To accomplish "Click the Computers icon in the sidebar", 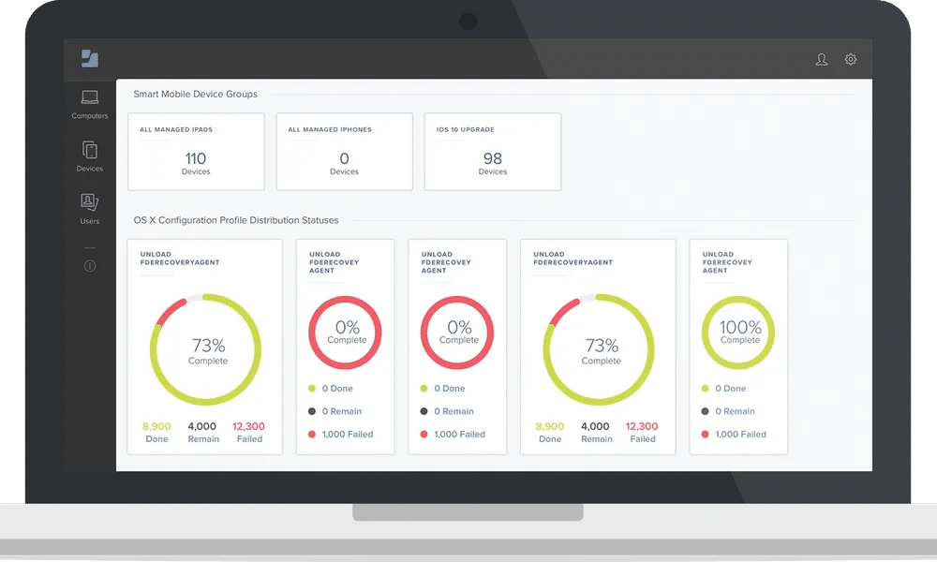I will click(x=90, y=97).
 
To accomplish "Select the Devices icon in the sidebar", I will click(x=90, y=150).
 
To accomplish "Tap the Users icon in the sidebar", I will click(x=90, y=202).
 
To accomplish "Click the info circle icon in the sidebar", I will click(x=90, y=266).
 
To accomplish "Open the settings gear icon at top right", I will click(x=851, y=59).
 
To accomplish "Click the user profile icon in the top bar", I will click(x=822, y=59).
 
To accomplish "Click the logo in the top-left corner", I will click(x=90, y=58).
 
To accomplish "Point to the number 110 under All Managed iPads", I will click(x=196, y=158).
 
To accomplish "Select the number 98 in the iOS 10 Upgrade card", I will click(x=493, y=158).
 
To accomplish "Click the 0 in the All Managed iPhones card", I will click(x=344, y=158).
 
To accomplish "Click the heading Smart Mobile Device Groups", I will click(x=195, y=94).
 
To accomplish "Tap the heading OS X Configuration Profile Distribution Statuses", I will click(x=236, y=220).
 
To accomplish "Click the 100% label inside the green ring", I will click(x=740, y=327).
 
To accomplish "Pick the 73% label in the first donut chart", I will click(x=208, y=346).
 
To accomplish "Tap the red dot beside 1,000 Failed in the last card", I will click(x=705, y=434).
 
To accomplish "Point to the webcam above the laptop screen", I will click(x=468, y=21).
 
